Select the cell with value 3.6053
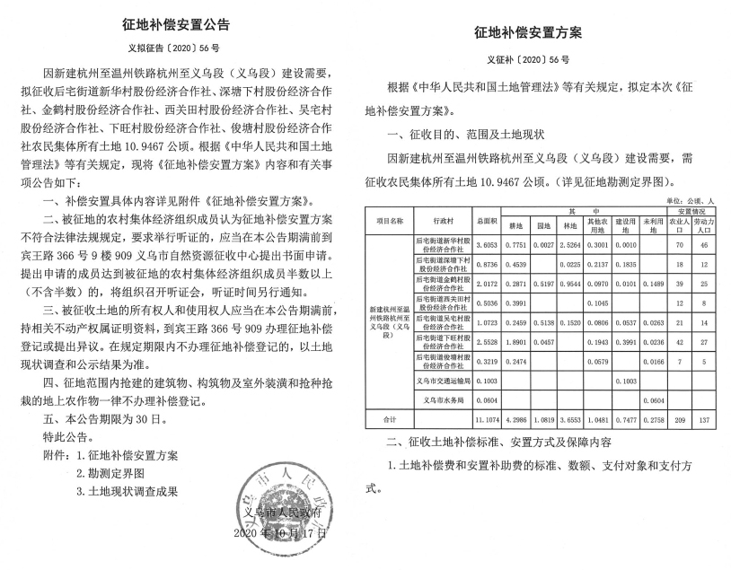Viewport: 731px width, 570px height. (x=486, y=244)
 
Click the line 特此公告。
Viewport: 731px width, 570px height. (x=67, y=436)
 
